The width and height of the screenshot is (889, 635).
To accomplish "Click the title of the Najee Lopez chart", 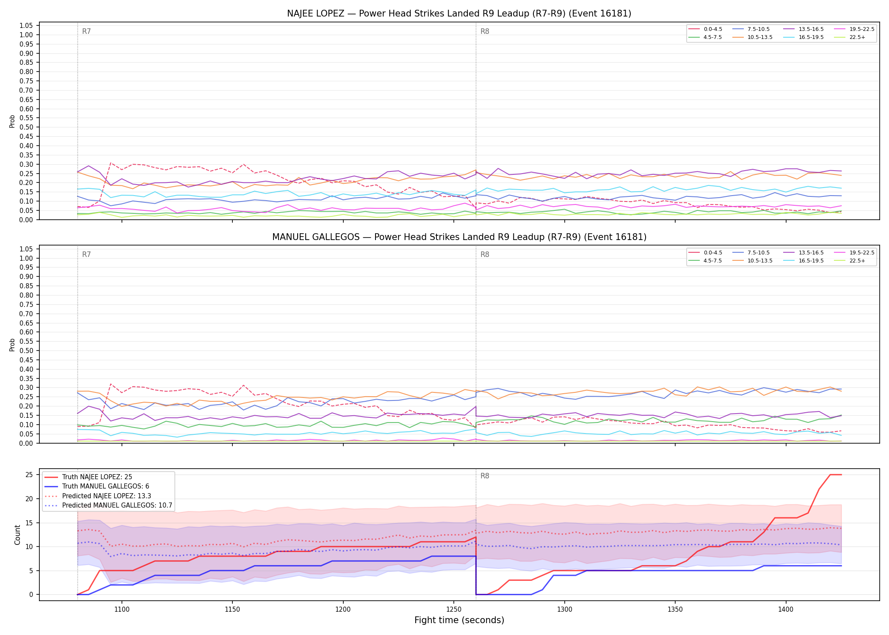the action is (x=459, y=14).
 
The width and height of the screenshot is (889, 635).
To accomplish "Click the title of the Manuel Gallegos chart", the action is (x=459, y=237).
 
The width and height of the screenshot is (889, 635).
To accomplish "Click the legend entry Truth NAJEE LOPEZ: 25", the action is (x=88, y=477).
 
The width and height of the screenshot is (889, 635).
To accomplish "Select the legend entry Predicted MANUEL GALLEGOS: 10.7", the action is (x=108, y=505).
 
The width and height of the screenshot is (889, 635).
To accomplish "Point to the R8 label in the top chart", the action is (x=485, y=31).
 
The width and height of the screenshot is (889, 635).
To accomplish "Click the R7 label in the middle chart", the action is (x=86, y=254).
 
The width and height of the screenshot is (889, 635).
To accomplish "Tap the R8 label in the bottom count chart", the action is (x=485, y=476).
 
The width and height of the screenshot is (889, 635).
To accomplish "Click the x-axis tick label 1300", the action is (x=564, y=610).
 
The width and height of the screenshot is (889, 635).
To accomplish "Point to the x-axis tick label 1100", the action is (x=122, y=610).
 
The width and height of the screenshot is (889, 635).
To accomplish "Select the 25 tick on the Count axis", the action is (x=29, y=475).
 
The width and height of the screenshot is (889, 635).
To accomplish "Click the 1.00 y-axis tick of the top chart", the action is (x=26, y=35).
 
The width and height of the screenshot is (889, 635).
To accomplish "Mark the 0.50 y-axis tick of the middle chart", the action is (x=26, y=351).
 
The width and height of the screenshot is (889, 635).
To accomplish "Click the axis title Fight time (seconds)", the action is (x=459, y=621).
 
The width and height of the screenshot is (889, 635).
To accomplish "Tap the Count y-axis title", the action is (x=17, y=535).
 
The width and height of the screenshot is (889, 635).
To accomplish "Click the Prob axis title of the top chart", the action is (x=12, y=121).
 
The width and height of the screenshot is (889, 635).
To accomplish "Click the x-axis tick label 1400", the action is (x=786, y=610).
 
